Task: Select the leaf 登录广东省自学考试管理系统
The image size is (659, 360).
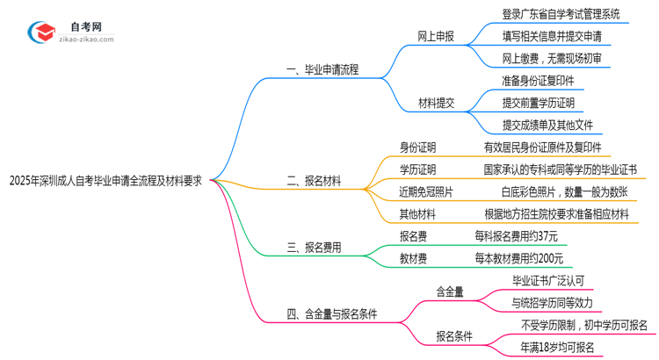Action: [560, 15]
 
